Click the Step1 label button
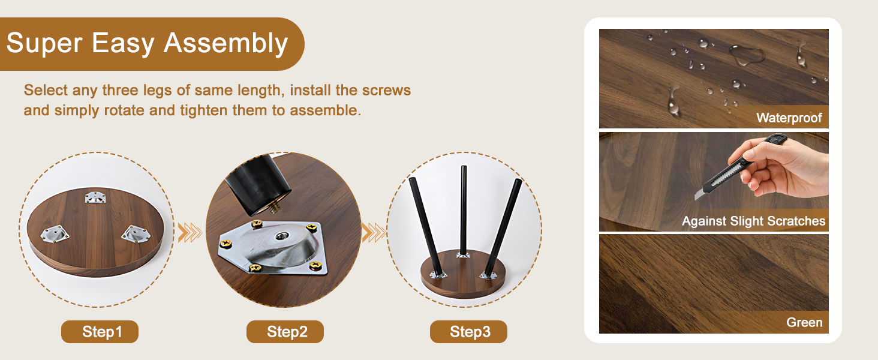[x=100, y=332]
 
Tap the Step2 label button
[x=285, y=332]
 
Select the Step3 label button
[x=468, y=332]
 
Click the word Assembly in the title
[x=225, y=44]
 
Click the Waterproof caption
[x=789, y=118]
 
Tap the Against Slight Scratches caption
[x=753, y=221]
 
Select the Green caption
[x=804, y=322]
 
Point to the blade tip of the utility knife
[x=696, y=199]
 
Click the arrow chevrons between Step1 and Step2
[x=190, y=232]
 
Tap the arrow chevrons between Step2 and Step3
[x=374, y=232]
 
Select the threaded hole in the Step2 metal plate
[x=281, y=236]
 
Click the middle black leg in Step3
[x=464, y=210]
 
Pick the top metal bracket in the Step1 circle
[x=95, y=197]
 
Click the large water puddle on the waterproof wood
[x=746, y=55]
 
